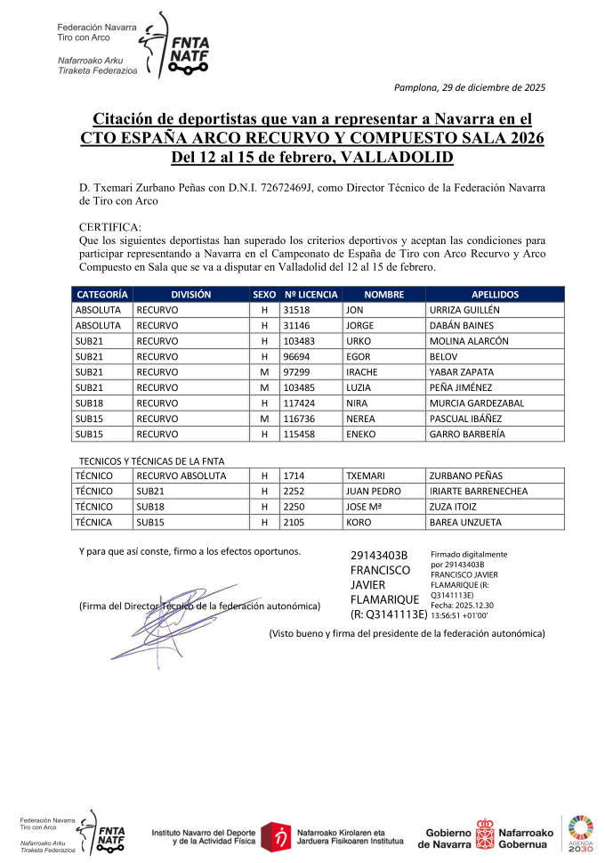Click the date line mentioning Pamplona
pyautogui.click(x=469, y=87)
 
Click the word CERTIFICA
pyautogui.click(x=110, y=227)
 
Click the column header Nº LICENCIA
pyautogui.click(x=311, y=294)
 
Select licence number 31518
pyautogui.click(x=294, y=310)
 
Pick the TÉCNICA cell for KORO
pyautogui.click(x=93, y=523)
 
